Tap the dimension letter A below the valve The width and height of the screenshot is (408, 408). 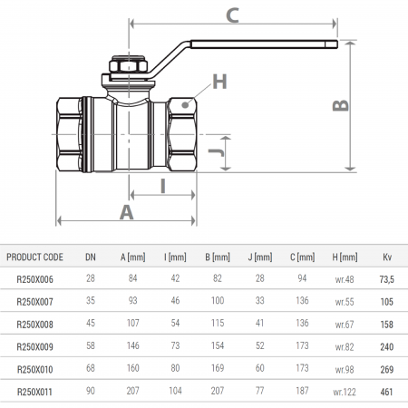126,211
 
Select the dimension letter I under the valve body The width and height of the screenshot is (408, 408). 162,186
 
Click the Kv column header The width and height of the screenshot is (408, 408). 387,257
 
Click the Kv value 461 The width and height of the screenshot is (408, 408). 387,392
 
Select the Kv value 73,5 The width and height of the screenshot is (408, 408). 387,280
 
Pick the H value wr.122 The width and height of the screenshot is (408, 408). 344,392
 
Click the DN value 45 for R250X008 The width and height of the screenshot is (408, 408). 90,325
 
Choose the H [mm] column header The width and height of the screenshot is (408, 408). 345,257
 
